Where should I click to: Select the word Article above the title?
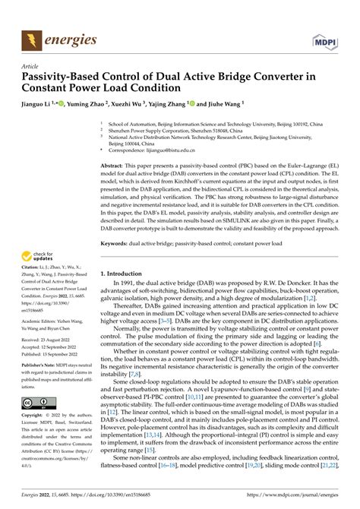tap(31, 65)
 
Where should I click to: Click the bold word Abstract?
tap(121, 164)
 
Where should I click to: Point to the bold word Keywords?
tap(123, 243)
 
